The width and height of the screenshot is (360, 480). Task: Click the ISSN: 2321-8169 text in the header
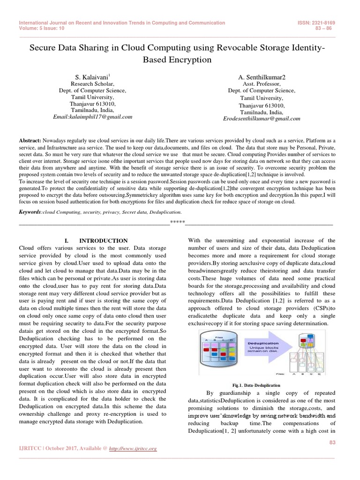pos(316,22)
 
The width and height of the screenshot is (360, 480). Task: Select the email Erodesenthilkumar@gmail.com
pos(261,120)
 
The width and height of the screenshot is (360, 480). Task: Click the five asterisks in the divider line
pos(178,222)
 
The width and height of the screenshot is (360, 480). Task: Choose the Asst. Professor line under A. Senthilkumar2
pos(261,84)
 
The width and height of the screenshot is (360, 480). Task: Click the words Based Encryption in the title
pos(180,60)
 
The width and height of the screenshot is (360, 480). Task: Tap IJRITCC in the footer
pos(29,449)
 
